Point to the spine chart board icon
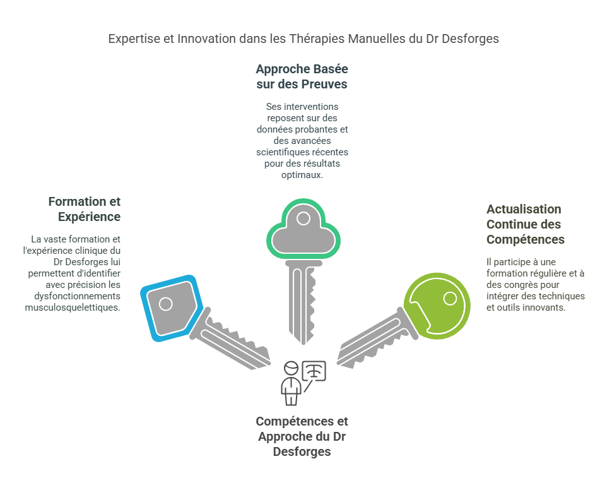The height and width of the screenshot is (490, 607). (x=314, y=371)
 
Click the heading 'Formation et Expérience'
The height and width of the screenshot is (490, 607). (x=84, y=209)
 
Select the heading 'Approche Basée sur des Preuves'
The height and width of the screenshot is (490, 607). (x=302, y=76)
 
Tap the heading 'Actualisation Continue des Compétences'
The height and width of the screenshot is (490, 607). (x=525, y=224)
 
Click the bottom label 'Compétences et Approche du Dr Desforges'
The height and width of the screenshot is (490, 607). (x=302, y=436)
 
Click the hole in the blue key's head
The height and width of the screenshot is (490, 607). (x=166, y=304)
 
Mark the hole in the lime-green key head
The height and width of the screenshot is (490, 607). (x=451, y=297)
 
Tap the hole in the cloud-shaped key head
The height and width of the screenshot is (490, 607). (x=303, y=218)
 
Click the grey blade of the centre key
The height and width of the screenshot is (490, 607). (x=302, y=303)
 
